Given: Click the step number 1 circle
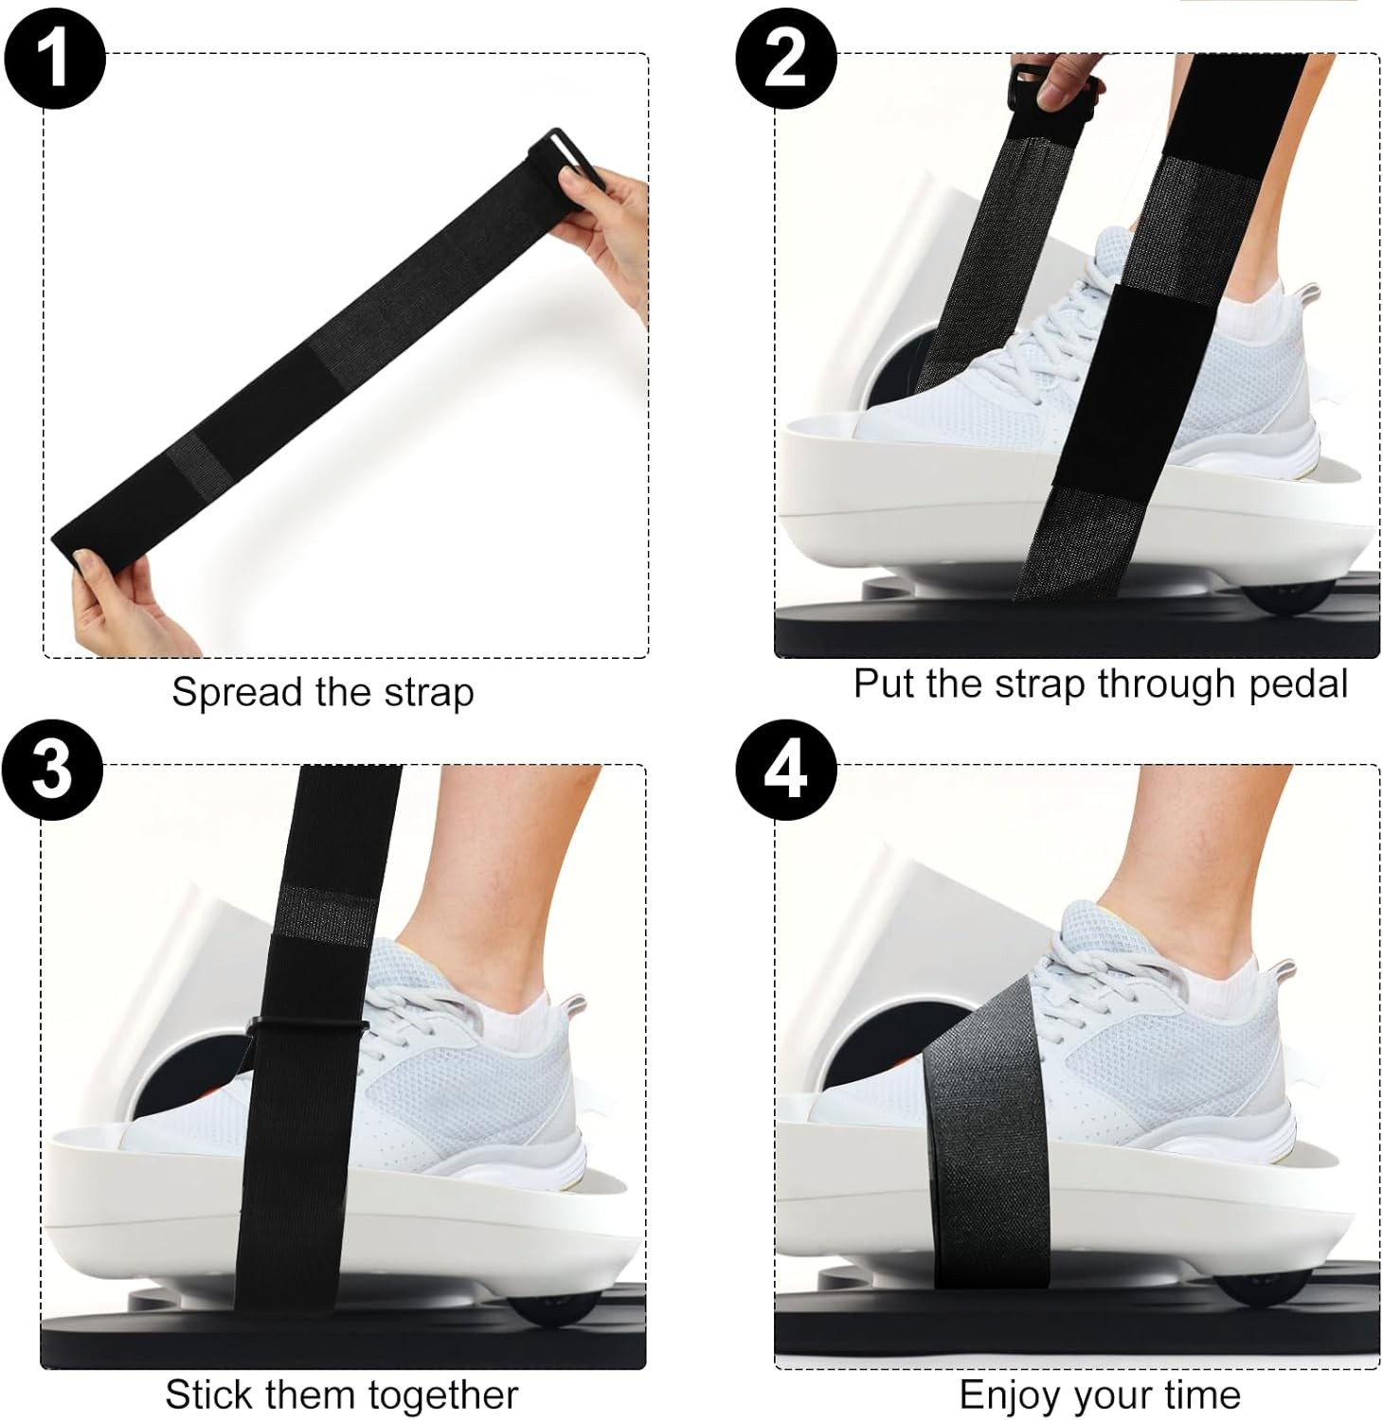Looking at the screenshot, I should coord(54,58).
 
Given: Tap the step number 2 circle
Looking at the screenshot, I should coord(786,58).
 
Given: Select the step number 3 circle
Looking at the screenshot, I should coord(52,769).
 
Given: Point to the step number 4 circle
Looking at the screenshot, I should coord(786,769).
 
